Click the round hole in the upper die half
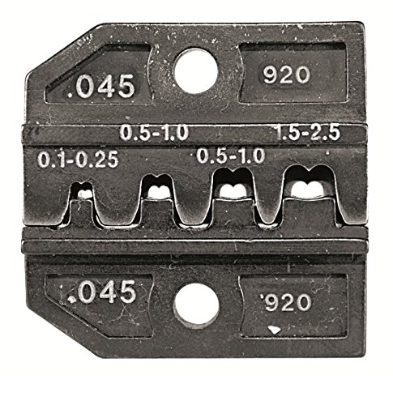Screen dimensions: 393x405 pos(196,71)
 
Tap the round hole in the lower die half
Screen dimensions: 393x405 pos(196,305)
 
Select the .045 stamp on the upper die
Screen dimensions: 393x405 pos(101,86)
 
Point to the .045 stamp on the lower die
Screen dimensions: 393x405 pos(101,292)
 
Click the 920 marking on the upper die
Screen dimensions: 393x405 pos(286,75)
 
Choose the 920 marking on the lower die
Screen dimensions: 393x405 pos(286,302)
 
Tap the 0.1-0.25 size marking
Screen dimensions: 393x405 pos(78,159)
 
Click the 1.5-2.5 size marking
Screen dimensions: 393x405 pos(308,133)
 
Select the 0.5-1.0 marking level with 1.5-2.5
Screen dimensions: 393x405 pos(154,133)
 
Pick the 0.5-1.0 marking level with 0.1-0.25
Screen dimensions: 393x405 pos(231,156)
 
